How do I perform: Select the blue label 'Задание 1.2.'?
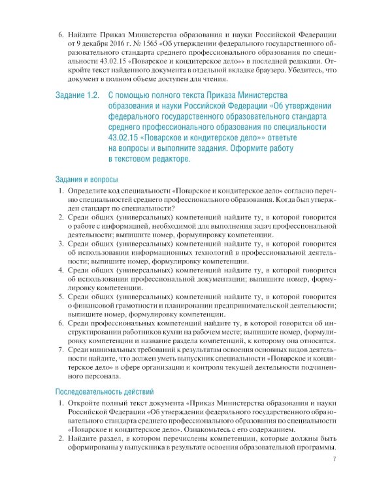click(76, 95)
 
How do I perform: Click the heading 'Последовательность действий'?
click(105, 392)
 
